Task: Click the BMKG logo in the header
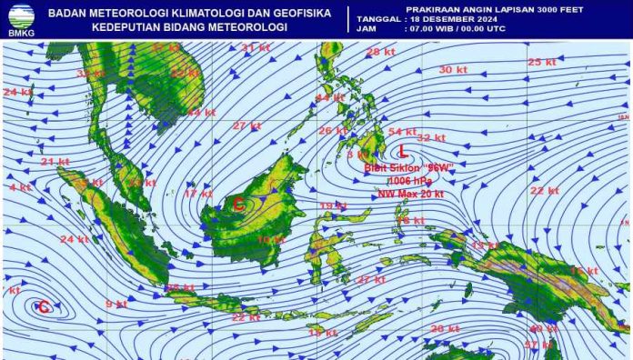tap(20, 18)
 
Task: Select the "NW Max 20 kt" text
tap(411, 194)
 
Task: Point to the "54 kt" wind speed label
tap(402, 132)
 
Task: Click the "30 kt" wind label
tap(452, 70)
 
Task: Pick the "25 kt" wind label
tap(541, 62)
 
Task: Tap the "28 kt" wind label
tap(379, 52)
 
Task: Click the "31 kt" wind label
tap(255, 47)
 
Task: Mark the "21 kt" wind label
tap(55, 162)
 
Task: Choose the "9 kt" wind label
tap(116, 304)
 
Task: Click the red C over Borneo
tap(238, 205)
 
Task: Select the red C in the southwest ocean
tap(43, 307)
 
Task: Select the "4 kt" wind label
tap(19, 187)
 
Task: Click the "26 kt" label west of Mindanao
tap(332, 130)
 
